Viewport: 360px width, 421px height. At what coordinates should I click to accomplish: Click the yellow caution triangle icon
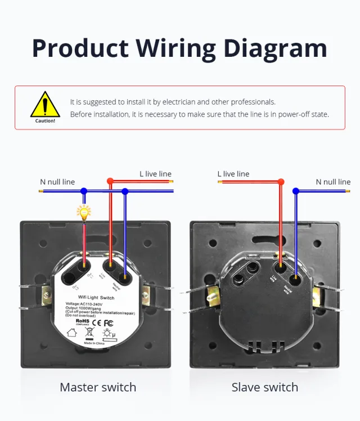(45, 104)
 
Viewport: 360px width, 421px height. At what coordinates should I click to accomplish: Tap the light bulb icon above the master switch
(84, 212)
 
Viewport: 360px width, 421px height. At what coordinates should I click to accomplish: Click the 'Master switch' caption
(98, 387)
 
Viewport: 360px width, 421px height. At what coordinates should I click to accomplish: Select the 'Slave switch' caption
(264, 387)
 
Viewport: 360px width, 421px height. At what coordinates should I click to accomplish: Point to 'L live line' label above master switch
(155, 174)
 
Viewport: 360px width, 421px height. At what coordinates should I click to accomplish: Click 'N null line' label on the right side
(333, 182)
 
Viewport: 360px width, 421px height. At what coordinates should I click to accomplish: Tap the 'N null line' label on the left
(57, 182)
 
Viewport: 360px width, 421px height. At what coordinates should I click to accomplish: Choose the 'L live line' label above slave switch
(233, 174)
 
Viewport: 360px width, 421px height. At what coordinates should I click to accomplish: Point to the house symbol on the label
(73, 333)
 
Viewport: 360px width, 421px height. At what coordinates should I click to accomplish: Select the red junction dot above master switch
(110, 181)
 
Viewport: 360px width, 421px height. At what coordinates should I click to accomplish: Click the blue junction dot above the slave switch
(296, 191)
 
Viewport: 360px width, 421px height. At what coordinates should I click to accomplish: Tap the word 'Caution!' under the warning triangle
(45, 120)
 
